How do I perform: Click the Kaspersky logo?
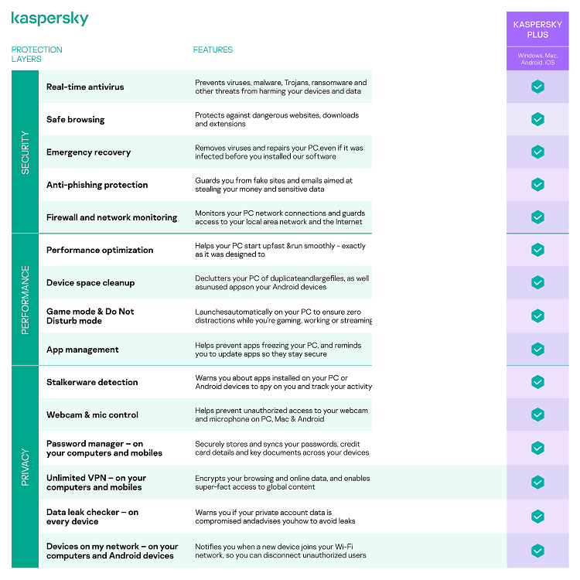point(50,19)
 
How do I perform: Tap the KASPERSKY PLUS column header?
point(537,29)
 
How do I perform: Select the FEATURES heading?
point(213,49)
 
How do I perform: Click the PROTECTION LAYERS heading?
point(36,54)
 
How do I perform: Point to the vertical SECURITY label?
point(25,152)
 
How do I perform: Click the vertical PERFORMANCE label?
point(25,299)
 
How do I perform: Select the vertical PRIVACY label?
point(25,466)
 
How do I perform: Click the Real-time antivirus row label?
point(85,87)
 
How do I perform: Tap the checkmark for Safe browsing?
point(537,119)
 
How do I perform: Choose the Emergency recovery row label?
point(88,152)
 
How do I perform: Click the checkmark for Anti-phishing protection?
point(537,185)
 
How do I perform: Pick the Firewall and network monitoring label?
point(111,217)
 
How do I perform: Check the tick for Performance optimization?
point(537,250)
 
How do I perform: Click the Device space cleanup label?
point(90,283)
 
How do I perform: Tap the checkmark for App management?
point(537,350)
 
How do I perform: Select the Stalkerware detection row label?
point(92,382)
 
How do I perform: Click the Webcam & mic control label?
point(92,415)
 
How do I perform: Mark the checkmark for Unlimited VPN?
point(537,483)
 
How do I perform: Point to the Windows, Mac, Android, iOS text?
point(537,59)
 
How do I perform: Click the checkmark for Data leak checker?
point(537,517)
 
